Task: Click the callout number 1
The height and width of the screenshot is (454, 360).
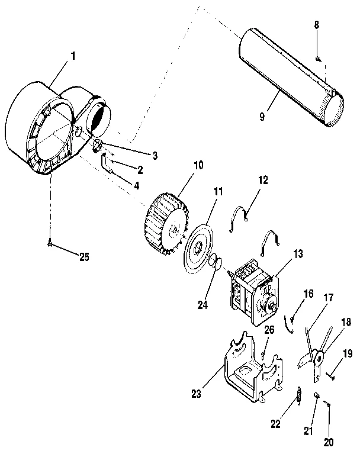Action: tap(73, 56)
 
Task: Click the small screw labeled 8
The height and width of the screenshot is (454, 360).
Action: tap(318, 58)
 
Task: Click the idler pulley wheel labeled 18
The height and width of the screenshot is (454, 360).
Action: tap(319, 358)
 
